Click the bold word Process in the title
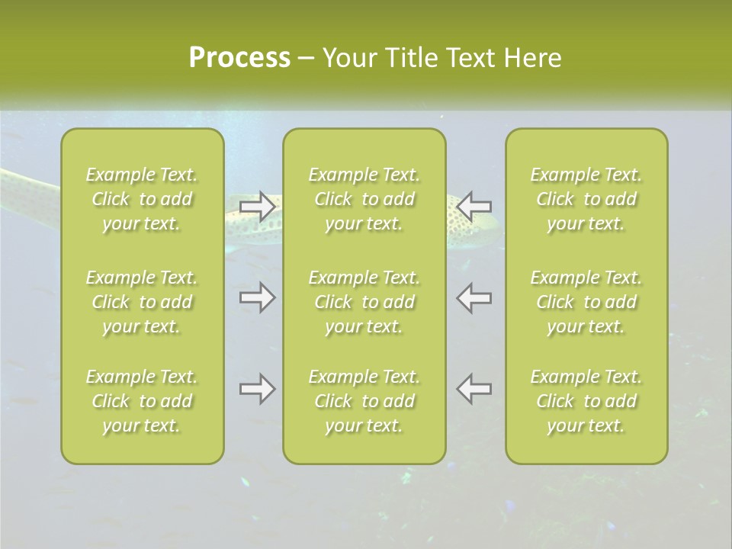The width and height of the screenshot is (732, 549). (239, 58)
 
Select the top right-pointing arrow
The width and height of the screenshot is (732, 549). (257, 206)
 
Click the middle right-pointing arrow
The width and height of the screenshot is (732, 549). (257, 297)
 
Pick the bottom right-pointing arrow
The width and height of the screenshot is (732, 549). (257, 390)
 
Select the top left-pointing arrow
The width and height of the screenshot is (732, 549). (474, 206)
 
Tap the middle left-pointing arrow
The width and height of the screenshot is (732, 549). (474, 297)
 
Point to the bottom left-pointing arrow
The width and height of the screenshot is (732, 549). (474, 390)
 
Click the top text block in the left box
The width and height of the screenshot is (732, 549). (142, 199)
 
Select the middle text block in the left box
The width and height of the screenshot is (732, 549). (142, 302)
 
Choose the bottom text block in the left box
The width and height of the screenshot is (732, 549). (142, 401)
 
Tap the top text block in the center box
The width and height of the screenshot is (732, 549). (364, 199)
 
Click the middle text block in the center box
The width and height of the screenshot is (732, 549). (364, 302)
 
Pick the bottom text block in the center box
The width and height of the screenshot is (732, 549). (364, 401)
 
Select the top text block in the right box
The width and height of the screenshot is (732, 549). (586, 199)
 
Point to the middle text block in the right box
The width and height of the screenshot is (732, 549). (586, 302)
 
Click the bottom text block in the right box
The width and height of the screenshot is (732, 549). (586, 401)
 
